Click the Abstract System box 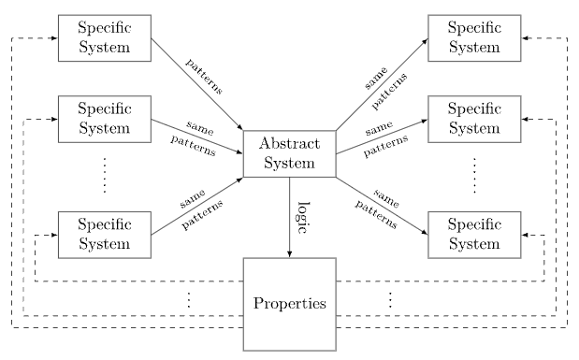[x=289, y=153]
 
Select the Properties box [x=289, y=303]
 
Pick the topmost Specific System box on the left [x=105, y=38]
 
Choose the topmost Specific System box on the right [x=474, y=38]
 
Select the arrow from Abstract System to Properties [x=289, y=224]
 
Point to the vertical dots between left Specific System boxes [x=105, y=175]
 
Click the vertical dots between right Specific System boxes [x=474, y=175]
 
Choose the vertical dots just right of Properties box [x=390, y=300]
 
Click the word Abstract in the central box [x=289, y=145]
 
